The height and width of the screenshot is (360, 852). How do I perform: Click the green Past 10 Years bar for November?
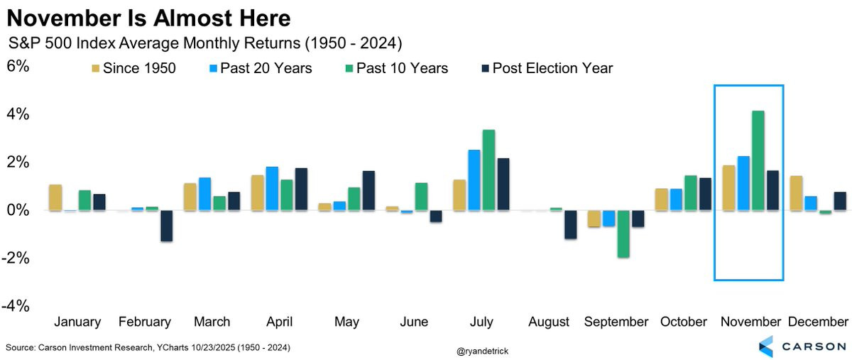coord(758,160)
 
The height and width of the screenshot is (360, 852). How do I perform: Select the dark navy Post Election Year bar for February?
coord(167,226)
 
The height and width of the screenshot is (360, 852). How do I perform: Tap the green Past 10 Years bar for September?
coord(623,234)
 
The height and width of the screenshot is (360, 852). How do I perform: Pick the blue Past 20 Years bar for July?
coord(474,180)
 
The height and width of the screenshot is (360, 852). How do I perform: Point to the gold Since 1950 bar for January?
coord(55,197)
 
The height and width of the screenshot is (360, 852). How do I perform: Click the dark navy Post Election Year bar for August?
coord(571,224)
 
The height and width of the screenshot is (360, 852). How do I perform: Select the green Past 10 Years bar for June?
coord(421,197)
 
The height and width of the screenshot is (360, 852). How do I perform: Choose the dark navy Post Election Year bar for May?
coord(368,191)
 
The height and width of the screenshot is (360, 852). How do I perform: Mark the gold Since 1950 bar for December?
coord(796,193)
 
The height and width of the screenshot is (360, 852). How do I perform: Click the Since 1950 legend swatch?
coord(95,68)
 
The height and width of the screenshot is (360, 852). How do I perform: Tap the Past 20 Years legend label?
coord(266,68)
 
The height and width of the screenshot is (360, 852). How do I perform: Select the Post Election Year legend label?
coord(552,68)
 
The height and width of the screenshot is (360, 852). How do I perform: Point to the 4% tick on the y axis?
coord(18,114)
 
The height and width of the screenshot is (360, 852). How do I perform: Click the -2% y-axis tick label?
coord(16,258)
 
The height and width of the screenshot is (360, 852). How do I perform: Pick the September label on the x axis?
coord(616,322)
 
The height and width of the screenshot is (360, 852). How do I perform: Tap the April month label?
coord(279,322)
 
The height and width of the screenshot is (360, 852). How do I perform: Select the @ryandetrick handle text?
coord(482,351)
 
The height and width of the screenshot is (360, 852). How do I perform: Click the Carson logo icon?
coord(765,347)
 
